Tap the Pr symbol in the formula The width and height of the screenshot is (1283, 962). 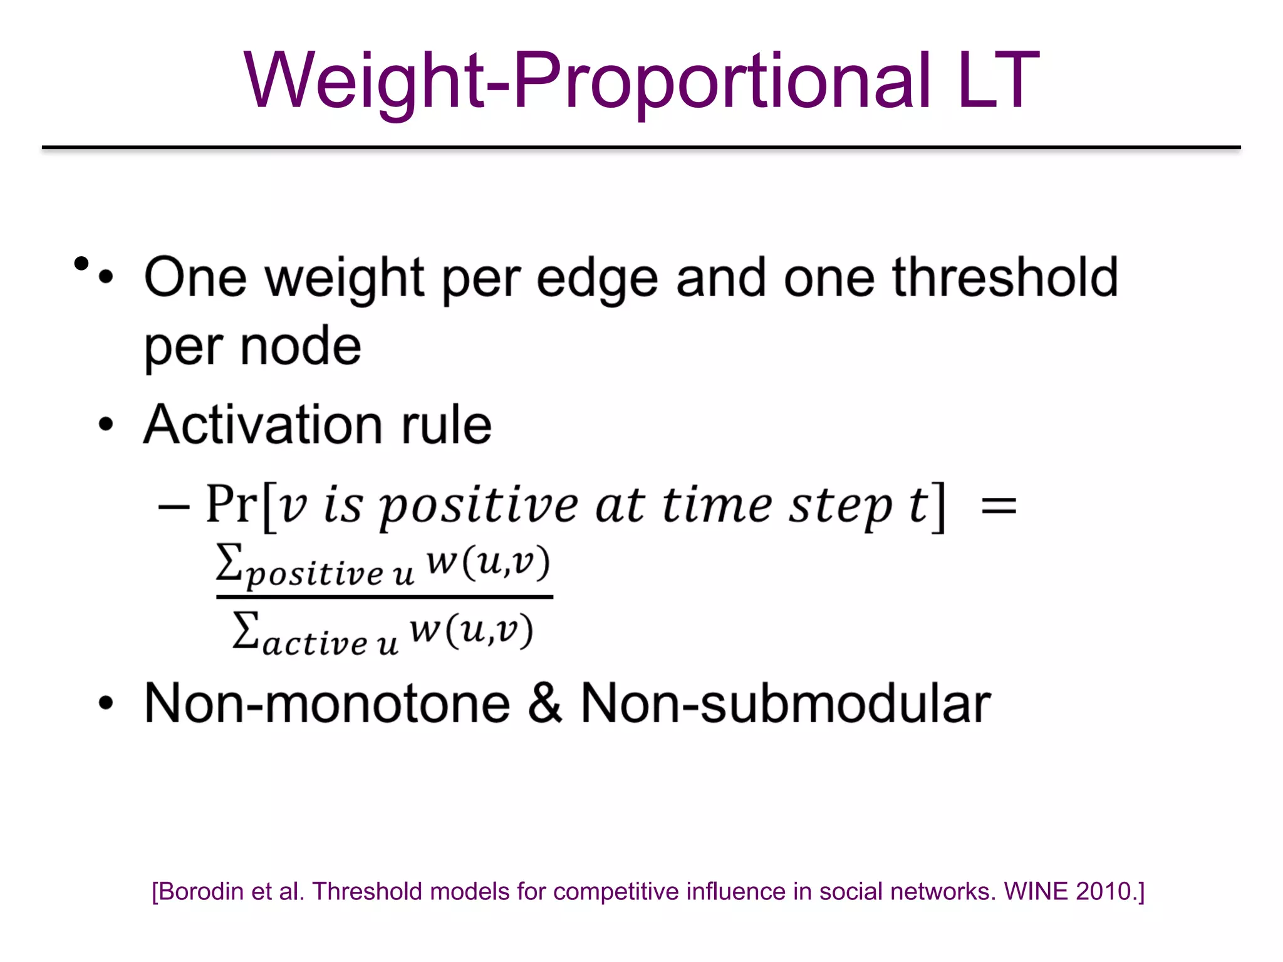(x=232, y=504)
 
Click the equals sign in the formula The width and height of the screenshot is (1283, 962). (x=999, y=505)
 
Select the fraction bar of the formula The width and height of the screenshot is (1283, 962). (x=384, y=597)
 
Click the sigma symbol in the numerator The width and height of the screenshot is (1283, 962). (x=229, y=561)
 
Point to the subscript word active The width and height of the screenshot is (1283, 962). (x=315, y=644)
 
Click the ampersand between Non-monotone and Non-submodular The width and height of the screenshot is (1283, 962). (x=544, y=703)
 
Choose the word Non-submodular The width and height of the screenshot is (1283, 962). (x=786, y=703)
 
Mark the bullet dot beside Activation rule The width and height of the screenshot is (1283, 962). (x=106, y=424)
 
